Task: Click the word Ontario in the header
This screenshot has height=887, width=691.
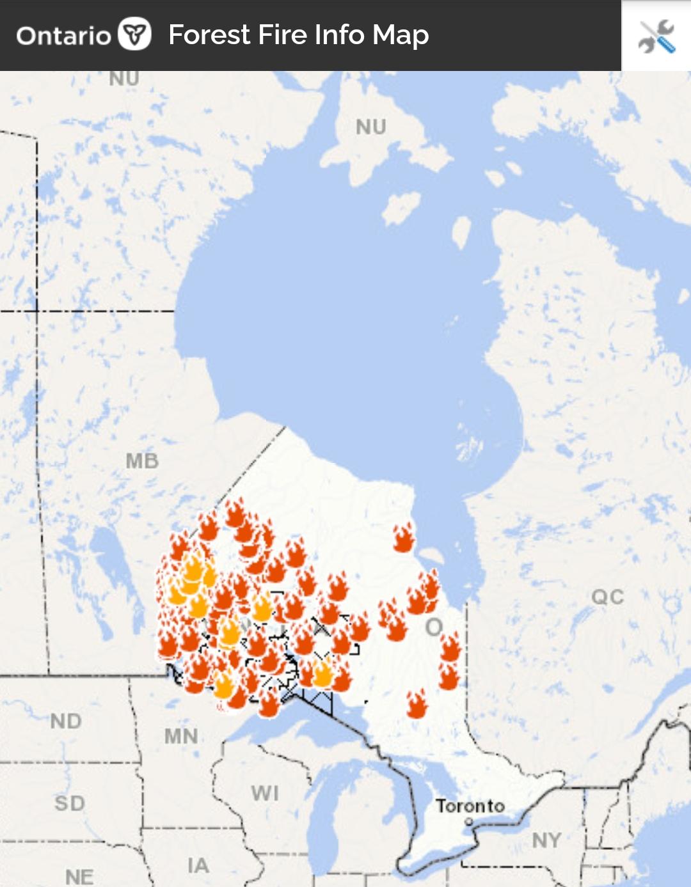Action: click(x=63, y=36)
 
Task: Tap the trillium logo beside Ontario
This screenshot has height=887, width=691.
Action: click(x=134, y=34)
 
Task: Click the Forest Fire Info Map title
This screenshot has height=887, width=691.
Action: click(x=298, y=35)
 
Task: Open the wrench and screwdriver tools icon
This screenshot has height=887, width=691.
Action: click(x=656, y=36)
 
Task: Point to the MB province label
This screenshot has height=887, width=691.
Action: click(x=142, y=461)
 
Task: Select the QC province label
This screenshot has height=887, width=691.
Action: click(x=607, y=597)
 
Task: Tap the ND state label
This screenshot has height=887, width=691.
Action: click(x=66, y=721)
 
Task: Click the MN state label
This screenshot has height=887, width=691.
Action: click(x=181, y=737)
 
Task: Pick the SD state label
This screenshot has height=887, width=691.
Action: click(x=70, y=803)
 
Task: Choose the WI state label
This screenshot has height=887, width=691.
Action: click(x=265, y=794)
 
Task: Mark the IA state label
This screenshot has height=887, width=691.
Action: click(x=198, y=866)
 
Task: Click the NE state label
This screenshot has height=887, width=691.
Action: click(x=79, y=877)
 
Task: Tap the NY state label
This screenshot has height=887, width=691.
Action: click(x=546, y=840)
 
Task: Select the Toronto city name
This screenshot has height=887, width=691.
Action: click(x=470, y=806)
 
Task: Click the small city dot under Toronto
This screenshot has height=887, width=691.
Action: click(x=469, y=821)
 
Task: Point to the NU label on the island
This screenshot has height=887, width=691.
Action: click(x=371, y=127)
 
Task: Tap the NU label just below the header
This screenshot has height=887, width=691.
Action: click(x=124, y=79)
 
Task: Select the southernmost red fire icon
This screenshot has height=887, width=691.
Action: click(x=417, y=704)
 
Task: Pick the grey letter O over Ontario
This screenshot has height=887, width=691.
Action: click(x=434, y=627)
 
